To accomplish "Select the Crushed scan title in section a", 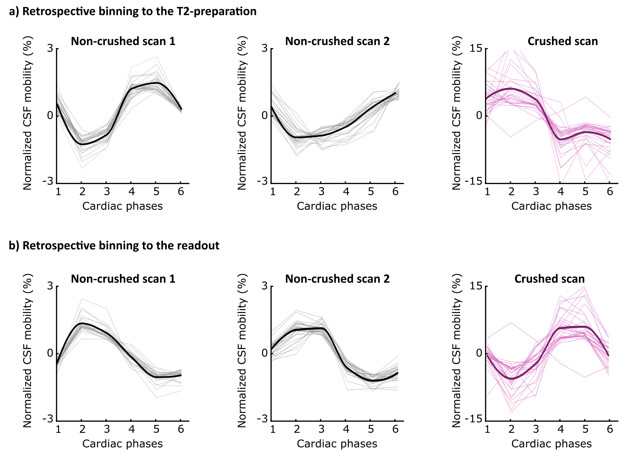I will pos(563,41).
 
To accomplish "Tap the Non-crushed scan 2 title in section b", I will pos(337,279).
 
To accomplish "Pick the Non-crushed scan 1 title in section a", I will pos(123,41).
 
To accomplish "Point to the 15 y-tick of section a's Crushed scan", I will pos(476,48).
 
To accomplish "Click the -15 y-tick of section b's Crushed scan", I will pos(473,419).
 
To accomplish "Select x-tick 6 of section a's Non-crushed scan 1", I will pos(181,192).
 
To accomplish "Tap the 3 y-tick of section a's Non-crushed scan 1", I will pos(50,48).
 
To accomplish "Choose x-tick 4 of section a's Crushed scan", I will pos(561,192).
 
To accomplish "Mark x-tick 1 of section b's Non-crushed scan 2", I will pos(273,429).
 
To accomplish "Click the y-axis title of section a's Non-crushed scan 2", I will pos(242,113).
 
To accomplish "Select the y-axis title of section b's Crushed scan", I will pos(456,351).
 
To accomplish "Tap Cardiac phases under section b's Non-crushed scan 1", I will pos(122,444).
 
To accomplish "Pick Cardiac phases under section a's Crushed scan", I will pos(551,206).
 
